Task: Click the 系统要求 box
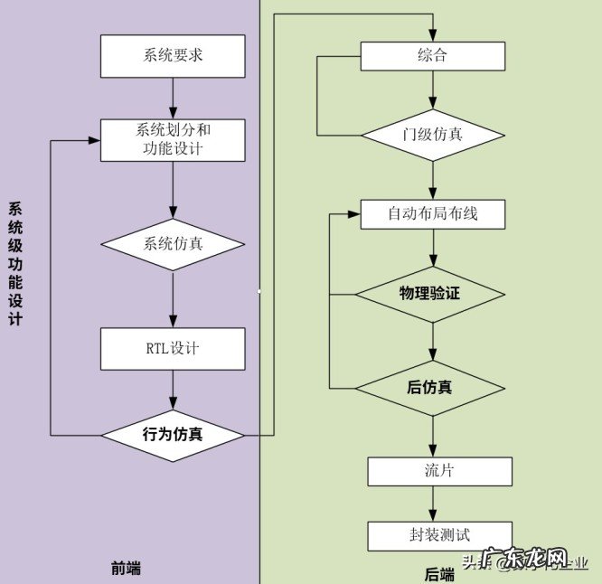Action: click(173, 56)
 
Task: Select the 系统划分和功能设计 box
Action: click(173, 139)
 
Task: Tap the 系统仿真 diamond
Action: click(173, 244)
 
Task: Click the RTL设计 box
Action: click(173, 348)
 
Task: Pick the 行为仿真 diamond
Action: click(173, 435)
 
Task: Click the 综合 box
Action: click(433, 56)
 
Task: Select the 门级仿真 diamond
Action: click(433, 135)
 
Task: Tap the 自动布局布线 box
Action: click(433, 214)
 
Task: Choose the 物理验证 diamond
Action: click(430, 294)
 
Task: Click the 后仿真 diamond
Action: click(430, 388)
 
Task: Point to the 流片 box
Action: click(439, 471)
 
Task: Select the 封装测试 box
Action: click(439, 535)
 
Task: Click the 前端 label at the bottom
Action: click(126, 569)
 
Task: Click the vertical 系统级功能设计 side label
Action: click(14, 263)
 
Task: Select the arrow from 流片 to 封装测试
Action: click(433, 504)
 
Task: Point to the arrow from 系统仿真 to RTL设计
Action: click(173, 299)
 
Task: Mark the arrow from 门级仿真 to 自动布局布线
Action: click(433, 180)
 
